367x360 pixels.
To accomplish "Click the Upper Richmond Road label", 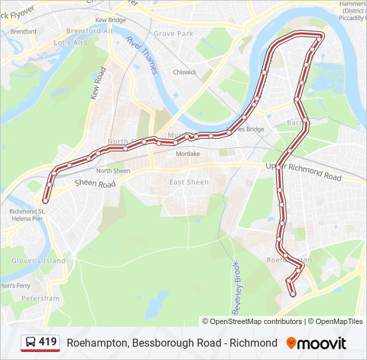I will click(304, 172).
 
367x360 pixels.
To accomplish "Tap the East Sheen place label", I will click(189, 182).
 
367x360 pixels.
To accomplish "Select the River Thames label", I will click(141, 54).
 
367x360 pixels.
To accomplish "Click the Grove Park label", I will click(173, 33).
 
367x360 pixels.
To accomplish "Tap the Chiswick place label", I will click(185, 72).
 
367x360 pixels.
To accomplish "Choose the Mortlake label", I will click(188, 154).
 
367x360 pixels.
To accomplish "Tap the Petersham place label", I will click(40, 298).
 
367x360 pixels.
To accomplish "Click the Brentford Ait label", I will click(89, 31).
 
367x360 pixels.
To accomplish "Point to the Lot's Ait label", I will click(68, 43).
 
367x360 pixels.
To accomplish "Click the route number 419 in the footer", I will click(47, 343).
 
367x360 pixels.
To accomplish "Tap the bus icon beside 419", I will click(31, 343).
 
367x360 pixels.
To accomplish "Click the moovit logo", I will click(316, 343).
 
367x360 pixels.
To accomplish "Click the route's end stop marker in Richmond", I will click(45, 200).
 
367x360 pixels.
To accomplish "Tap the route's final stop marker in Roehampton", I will click(292, 294).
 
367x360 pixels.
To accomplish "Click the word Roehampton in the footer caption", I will click(97, 343).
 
